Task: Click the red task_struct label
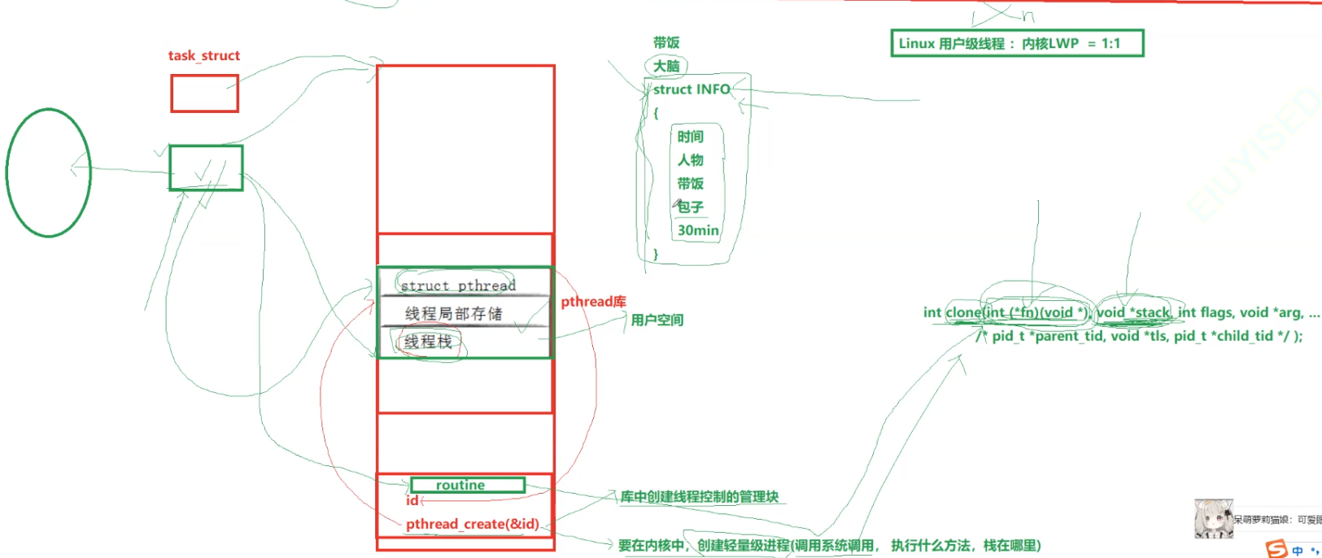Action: pyautogui.click(x=203, y=55)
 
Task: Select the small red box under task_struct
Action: pyautogui.click(x=204, y=94)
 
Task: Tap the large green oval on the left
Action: pyautogui.click(x=48, y=172)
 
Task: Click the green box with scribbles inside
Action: pyautogui.click(x=206, y=168)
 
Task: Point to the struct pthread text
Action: pyautogui.click(x=458, y=286)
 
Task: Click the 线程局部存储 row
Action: pyautogui.click(x=454, y=313)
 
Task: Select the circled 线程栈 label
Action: pyautogui.click(x=428, y=342)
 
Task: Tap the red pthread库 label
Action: pyautogui.click(x=593, y=302)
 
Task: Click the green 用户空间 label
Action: pyautogui.click(x=657, y=320)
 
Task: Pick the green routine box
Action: pyautogui.click(x=467, y=485)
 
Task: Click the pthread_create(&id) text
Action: pyautogui.click(x=472, y=524)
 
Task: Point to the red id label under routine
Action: pyautogui.click(x=412, y=501)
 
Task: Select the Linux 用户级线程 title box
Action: pyautogui.click(x=1017, y=43)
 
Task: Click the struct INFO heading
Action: pyautogui.click(x=692, y=89)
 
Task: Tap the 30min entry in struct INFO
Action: pyautogui.click(x=698, y=230)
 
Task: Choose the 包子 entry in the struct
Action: pyautogui.click(x=691, y=207)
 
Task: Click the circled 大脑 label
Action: pyautogui.click(x=666, y=66)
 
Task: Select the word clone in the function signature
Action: pyautogui.click(x=964, y=312)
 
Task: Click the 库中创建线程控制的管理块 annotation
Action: pyautogui.click(x=700, y=496)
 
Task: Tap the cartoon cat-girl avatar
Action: pyautogui.click(x=1213, y=518)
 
